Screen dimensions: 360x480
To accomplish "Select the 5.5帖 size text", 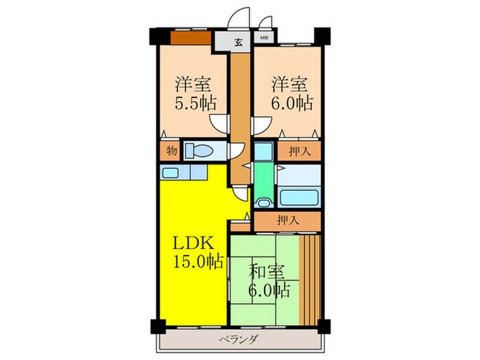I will (x=195, y=104).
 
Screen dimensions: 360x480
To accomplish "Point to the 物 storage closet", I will (x=170, y=151).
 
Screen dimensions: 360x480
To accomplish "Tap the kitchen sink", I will (x=170, y=173).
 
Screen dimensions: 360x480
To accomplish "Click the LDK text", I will (x=194, y=243).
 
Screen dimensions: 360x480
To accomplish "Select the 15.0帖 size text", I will (x=199, y=262).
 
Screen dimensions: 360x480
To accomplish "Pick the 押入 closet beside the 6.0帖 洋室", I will (x=299, y=151).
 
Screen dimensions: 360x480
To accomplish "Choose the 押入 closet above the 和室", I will (x=287, y=221).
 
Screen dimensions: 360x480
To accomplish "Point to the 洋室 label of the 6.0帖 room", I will (x=288, y=85).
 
